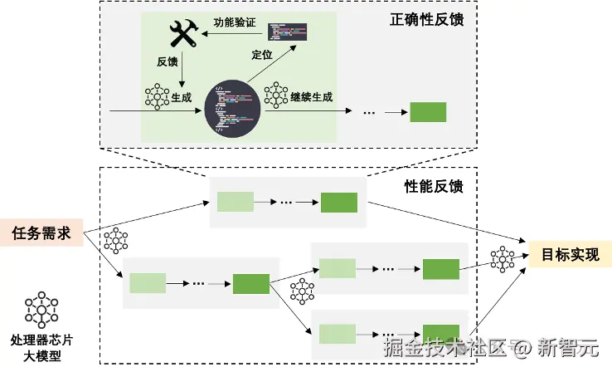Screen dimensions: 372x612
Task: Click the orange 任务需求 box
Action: pos(41,233)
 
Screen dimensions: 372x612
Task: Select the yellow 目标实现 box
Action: pos(571,255)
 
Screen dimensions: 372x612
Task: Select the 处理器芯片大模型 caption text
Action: pos(40,349)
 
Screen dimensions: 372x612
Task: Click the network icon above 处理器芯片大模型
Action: pos(40,310)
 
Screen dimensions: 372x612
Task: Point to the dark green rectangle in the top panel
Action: pos(428,112)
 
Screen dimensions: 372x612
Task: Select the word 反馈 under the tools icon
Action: pos(168,62)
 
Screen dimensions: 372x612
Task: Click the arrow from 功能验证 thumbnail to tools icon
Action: pos(236,33)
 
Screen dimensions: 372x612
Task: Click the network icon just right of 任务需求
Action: pos(116,241)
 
